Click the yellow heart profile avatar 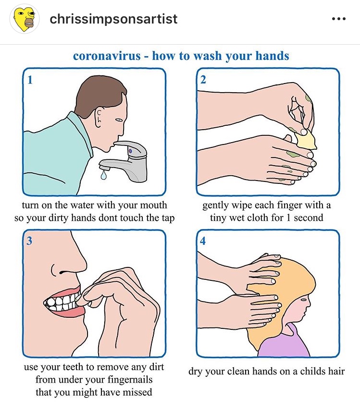click(25, 19)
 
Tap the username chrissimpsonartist click(113, 19)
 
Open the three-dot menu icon click(338, 19)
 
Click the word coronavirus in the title click(107, 56)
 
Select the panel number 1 click(30, 80)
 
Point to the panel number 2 click(203, 80)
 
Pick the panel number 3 click(29, 241)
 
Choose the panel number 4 click(203, 241)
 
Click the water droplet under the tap click(104, 175)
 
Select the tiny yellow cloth click(306, 140)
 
